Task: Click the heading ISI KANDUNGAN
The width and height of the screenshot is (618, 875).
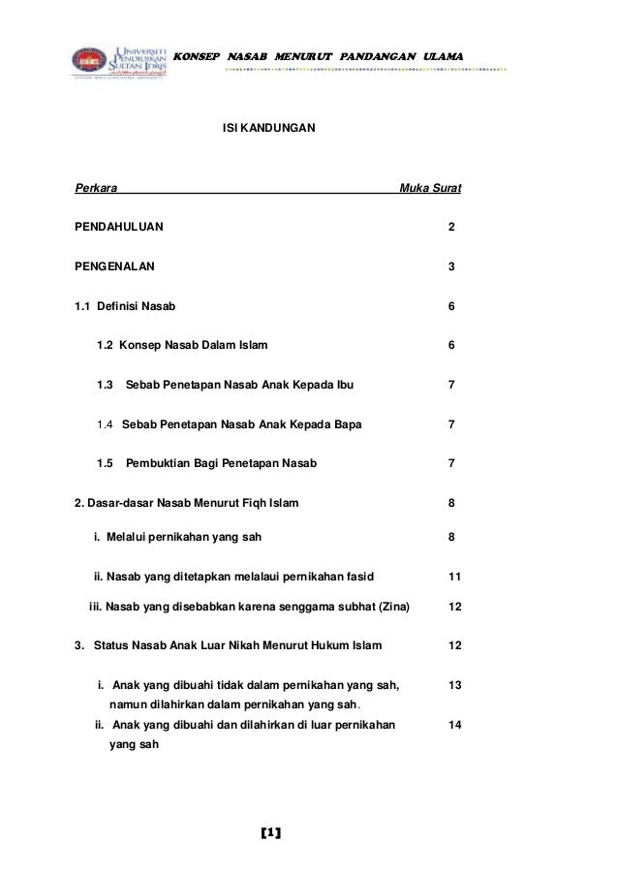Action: tap(268, 127)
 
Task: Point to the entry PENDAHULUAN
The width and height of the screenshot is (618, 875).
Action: tap(120, 227)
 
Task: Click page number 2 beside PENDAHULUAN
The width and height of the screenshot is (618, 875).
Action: tap(451, 227)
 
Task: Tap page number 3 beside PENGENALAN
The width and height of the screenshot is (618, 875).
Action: tap(451, 266)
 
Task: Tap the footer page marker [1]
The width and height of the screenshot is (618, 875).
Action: tap(271, 832)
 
